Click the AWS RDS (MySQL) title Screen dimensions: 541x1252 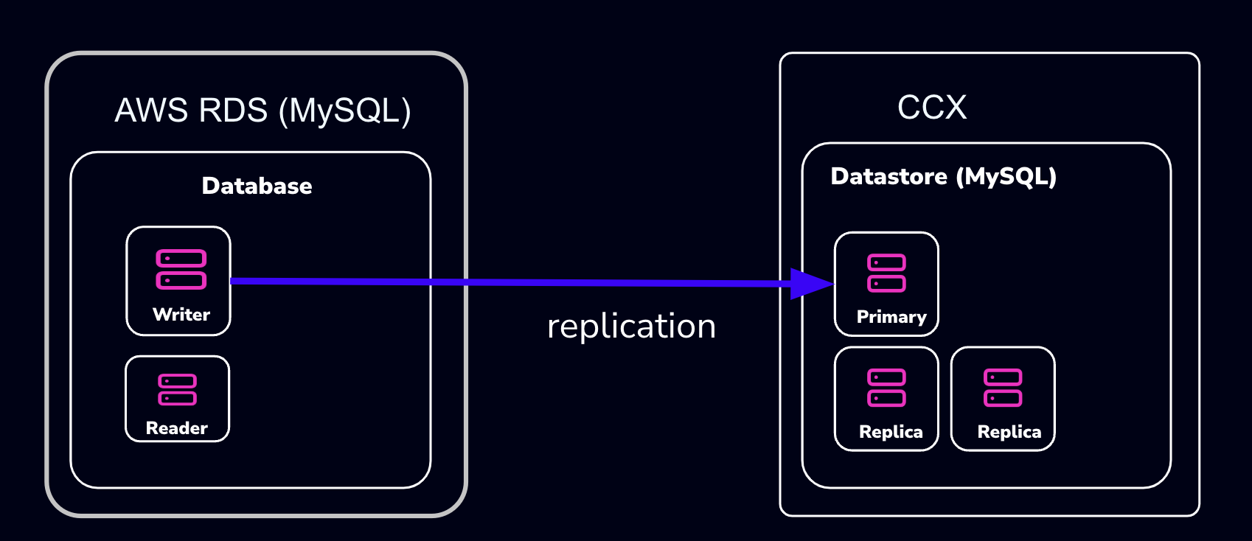262,111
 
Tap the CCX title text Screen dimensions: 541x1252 932,108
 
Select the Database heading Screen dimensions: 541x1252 257,186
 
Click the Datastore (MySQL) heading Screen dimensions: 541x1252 943,177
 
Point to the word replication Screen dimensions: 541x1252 631,327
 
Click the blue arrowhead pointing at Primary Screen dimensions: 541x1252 811,284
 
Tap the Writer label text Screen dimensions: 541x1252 181,315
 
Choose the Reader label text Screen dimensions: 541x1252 177,428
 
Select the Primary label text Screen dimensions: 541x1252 891,317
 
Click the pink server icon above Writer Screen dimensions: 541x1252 181,270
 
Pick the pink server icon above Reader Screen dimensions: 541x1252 178,390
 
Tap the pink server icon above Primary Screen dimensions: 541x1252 886,273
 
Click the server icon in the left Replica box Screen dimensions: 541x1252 886,388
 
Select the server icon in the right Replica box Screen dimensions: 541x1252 1003,388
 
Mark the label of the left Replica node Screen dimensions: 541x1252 891,432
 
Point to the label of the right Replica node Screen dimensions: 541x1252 1009,432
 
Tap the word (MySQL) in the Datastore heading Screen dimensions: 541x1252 1006,177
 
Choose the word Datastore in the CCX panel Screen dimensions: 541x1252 888,177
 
